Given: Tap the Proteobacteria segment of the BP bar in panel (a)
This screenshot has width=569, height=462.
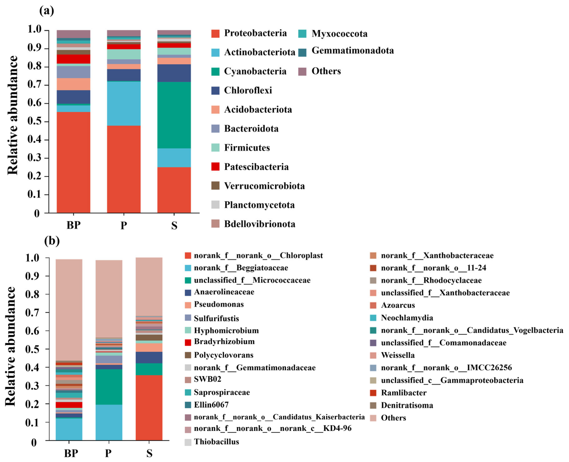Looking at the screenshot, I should tap(73, 162).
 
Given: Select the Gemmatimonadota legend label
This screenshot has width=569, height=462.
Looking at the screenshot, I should tap(352, 51).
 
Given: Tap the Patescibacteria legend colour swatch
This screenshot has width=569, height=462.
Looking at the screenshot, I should tap(215, 167).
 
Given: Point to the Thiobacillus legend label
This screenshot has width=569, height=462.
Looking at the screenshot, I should tap(216, 442).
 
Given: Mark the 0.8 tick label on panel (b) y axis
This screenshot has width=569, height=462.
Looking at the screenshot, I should tap(32, 294).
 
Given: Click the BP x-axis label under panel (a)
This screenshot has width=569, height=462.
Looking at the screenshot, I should tap(73, 225).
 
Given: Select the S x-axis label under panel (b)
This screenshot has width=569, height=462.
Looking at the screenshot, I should tap(149, 453).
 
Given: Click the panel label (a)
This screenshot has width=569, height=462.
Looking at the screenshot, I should tap(47, 11).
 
